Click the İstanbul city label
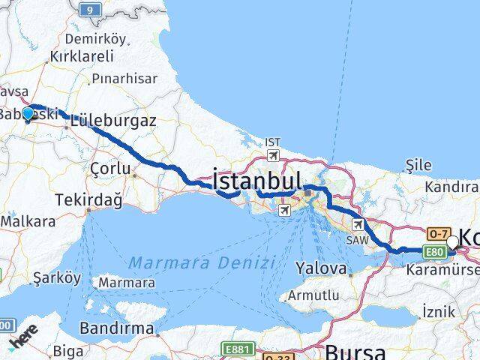click(x=257, y=180)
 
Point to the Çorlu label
click(x=109, y=169)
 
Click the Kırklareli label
click(x=80, y=56)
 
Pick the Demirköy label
click(x=94, y=38)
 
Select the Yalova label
click(x=322, y=268)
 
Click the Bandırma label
click(x=116, y=328)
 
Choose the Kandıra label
click(x=451, y=185)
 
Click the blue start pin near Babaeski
click(x=28, y=113)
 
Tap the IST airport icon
click(x=272, y=154)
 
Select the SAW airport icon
click(x=358, y=223)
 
